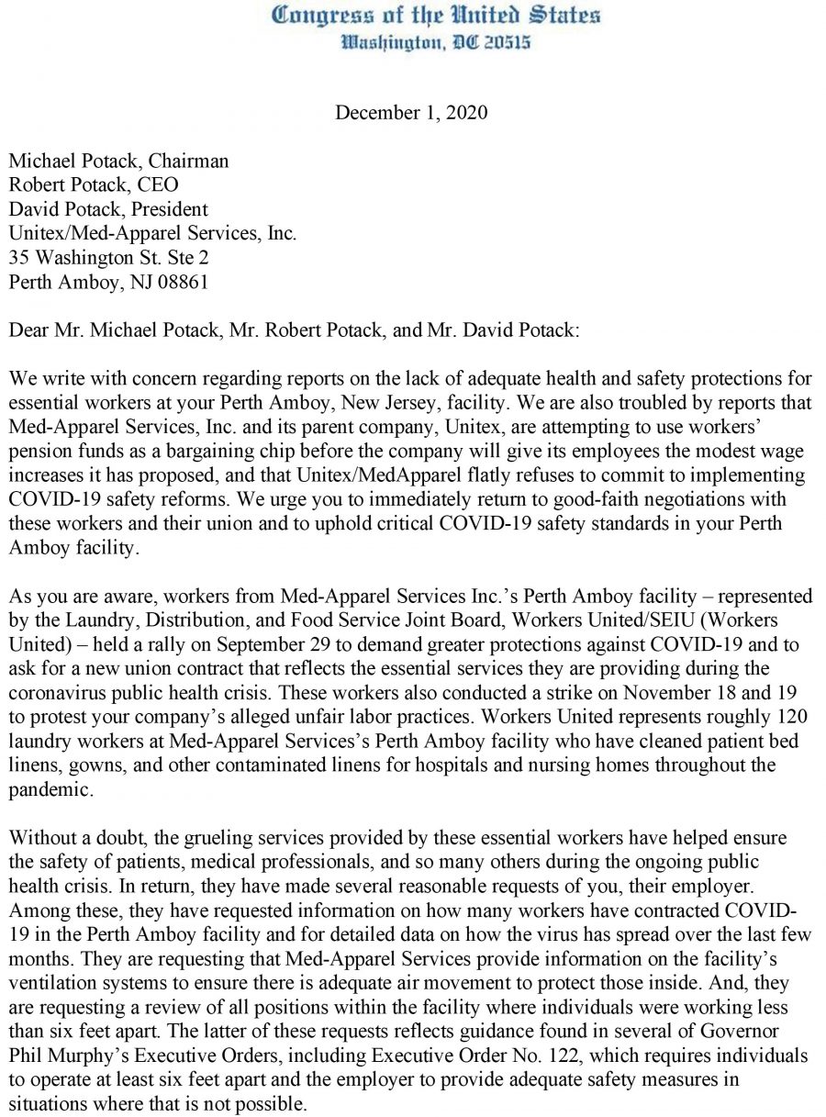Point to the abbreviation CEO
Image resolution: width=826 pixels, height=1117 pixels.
tap(160, 184)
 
